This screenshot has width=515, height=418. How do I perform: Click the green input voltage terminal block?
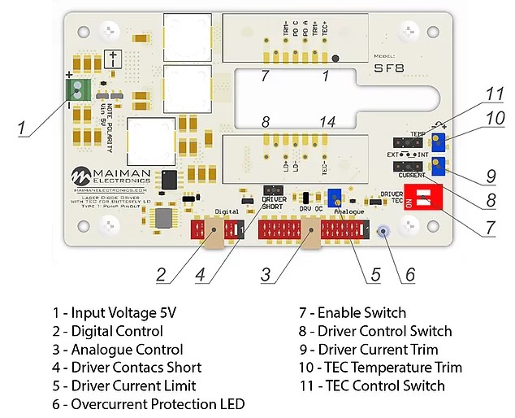tap(78, 89)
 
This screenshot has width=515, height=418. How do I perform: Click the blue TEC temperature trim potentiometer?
tap(438, 142)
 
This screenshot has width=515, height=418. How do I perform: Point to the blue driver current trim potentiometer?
tap(438, 167)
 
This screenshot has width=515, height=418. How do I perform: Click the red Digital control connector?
tap(217, 231)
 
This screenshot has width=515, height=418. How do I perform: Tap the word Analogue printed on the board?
tap(349, 211)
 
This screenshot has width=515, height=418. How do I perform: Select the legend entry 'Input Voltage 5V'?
tap(112, 313)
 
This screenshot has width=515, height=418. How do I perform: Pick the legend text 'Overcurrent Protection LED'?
tap(148, 404)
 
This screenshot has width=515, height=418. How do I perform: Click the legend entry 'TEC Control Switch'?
tap(373, 386)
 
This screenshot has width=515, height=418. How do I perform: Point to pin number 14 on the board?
tap(327, 123)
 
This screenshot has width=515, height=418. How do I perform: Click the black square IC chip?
tap(169, 180)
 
